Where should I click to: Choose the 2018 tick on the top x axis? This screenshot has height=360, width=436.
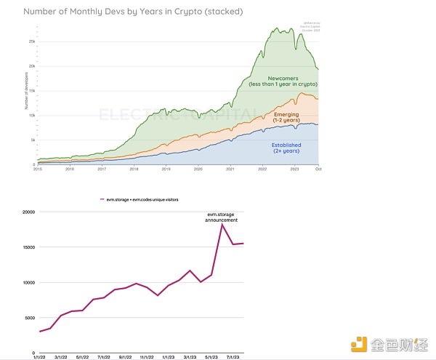134,169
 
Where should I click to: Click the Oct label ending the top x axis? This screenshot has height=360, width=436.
318,169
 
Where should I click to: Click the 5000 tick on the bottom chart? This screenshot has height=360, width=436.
28,318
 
